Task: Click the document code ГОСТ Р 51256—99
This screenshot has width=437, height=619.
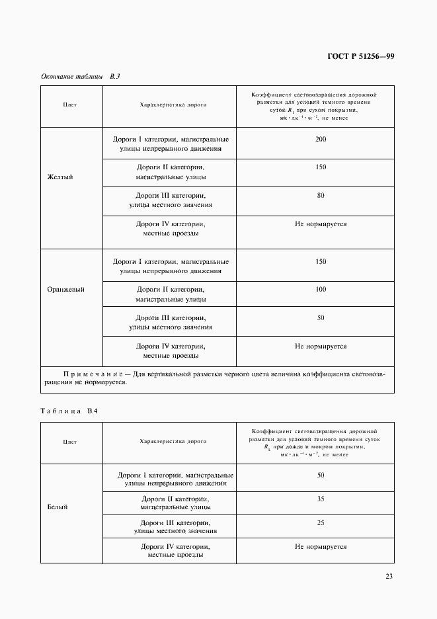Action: point(361,56)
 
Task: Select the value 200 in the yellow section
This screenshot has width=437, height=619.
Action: point(321,139)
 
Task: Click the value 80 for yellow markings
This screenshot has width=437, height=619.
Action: point(321,196)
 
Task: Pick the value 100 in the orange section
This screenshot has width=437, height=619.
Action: point(321,290)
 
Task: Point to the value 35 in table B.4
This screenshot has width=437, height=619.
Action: point(321,499)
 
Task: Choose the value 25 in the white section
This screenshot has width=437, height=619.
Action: point(321,522)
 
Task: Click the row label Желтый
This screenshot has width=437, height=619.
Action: point(60,177)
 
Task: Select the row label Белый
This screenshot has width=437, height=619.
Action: point(58,507)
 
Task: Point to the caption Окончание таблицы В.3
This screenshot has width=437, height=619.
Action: point(80,77)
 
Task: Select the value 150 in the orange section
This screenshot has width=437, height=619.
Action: point(321,262)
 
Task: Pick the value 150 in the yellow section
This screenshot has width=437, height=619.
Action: point(321,167)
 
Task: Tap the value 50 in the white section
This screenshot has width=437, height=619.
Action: point(321,475)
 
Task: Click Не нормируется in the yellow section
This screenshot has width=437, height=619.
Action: point(321,224)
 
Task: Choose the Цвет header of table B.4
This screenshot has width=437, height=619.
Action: point(69,441)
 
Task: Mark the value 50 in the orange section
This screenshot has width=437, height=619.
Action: point(321,317)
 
